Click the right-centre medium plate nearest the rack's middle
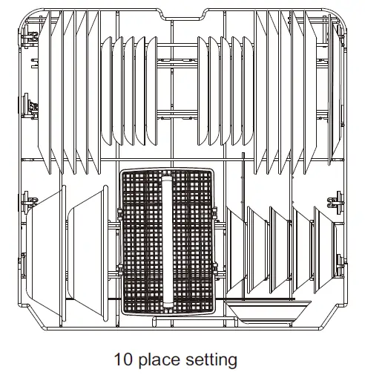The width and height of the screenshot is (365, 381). [x=203, y=89]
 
